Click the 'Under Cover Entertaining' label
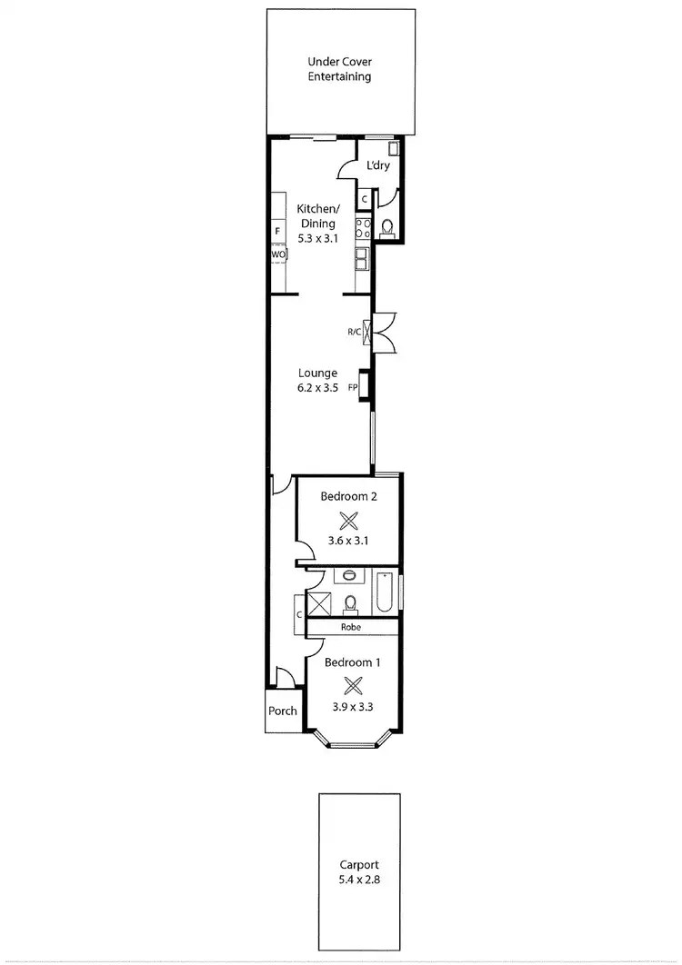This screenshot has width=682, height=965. click(x=339, y=69)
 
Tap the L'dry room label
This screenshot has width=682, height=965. click(x=378, y=166)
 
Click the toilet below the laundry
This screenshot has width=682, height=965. click(x=386, y=227)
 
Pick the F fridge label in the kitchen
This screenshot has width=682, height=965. click(x=277, y=231)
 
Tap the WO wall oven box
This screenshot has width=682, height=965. click(x=278, y=255)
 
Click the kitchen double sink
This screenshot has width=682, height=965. click(x=362, y=261)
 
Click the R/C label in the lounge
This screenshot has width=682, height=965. click(x=354, y=333)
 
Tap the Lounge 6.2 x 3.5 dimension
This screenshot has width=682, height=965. click(x=318, y=387)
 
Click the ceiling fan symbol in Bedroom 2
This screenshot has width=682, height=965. click(x=348, y=521)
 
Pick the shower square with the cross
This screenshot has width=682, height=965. click(x=319, y=602)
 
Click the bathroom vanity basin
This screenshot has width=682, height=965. click(x=349, y=575)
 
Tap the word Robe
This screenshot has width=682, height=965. click(x=352, y=627)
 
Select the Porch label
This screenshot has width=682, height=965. click(x=283, y=711)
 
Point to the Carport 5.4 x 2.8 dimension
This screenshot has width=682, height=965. click(x=361, y=880)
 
